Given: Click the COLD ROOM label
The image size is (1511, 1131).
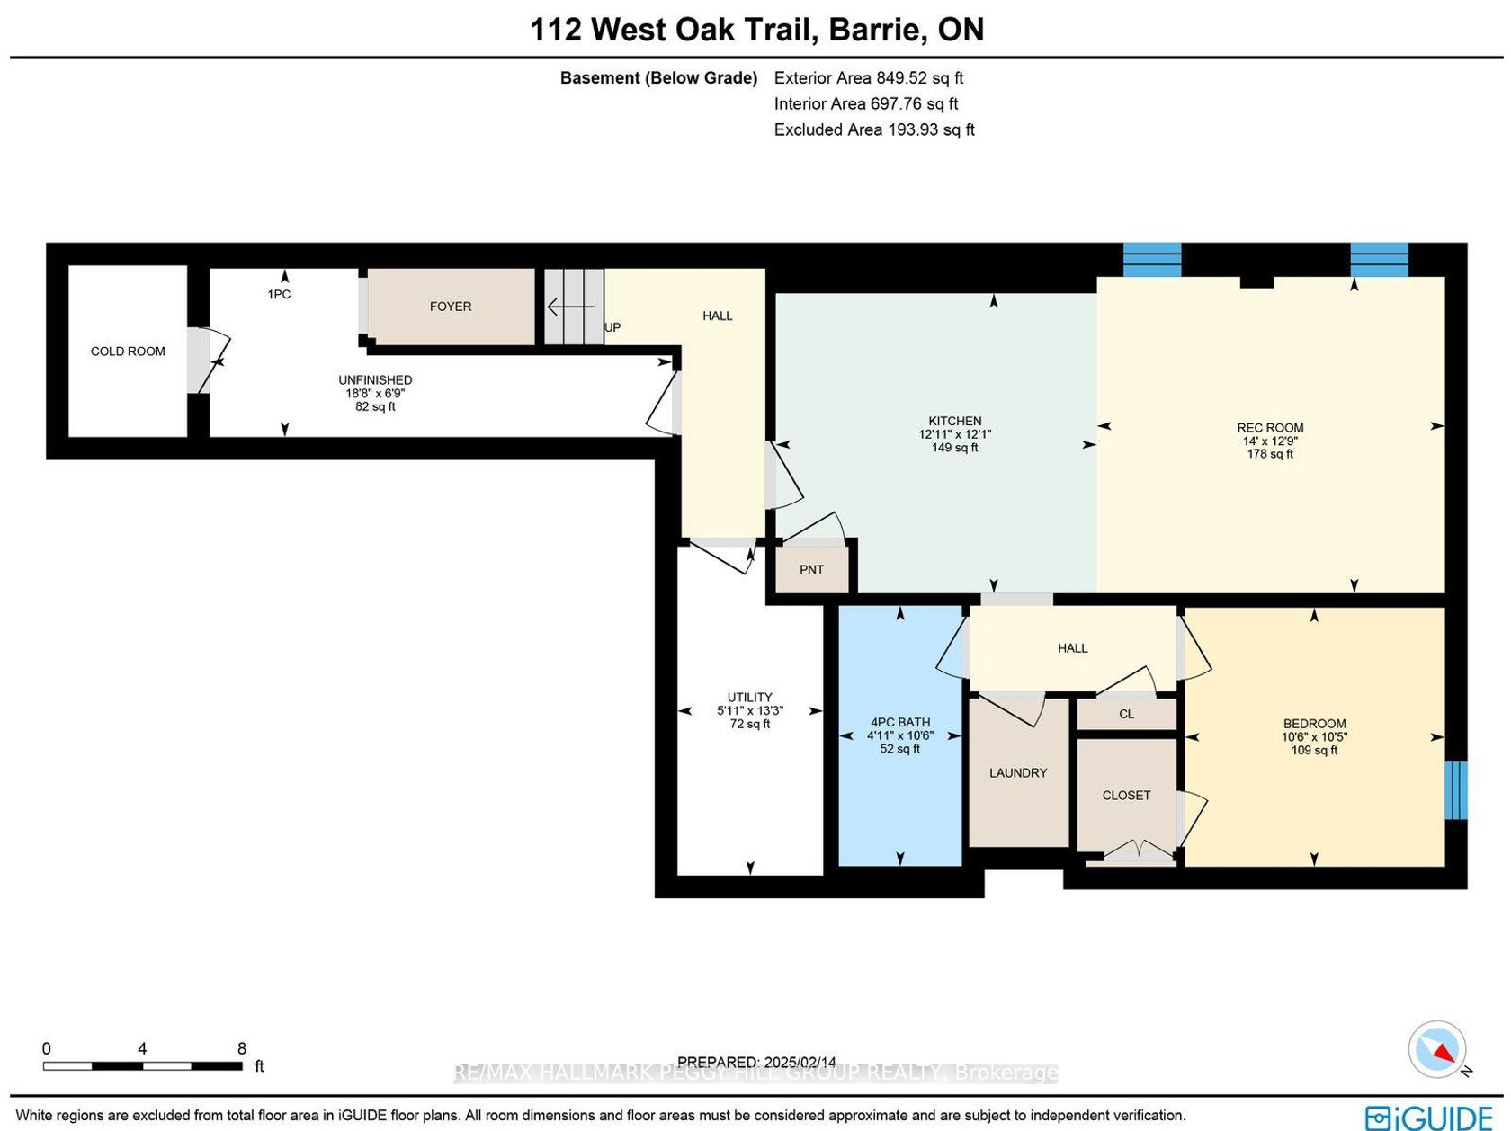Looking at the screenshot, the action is click(x=128, y=352).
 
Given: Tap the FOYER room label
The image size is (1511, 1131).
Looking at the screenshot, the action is click(x=451, y=307).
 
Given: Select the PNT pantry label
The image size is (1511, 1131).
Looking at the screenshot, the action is click(x=811, y=570).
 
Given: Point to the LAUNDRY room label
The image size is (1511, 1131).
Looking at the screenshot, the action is click(x=1018, y=773).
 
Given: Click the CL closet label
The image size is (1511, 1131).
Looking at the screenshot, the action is click(x=1126, y=714).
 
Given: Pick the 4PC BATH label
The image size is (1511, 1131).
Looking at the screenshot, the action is click(x=900, y=722).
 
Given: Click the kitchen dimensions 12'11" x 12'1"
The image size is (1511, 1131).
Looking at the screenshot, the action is click(x=955, y=434).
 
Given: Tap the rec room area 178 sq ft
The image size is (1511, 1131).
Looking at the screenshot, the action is click(x=1270, y=454).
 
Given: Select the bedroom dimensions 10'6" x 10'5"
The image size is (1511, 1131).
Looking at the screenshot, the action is click(x=1314, y=737).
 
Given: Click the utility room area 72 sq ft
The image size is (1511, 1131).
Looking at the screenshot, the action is click(x=749, y=724).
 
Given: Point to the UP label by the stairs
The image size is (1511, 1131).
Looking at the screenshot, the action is click(x=612, y=327).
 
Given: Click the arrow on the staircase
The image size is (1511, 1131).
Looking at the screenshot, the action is click(x=570, y=307).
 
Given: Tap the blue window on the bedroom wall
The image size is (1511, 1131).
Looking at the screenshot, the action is click(x=1456, y=789).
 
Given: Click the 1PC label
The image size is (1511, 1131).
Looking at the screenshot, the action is click(x=279, y=295).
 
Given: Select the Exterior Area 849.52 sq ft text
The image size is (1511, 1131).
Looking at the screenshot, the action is click(x=869, y=77).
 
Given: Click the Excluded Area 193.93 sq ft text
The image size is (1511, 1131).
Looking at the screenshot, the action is click(x=874, y=129).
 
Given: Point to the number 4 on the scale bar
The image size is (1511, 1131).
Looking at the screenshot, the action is click(x=142, y=1048).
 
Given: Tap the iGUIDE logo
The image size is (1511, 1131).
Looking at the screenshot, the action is click(x=1429, y=1117).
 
